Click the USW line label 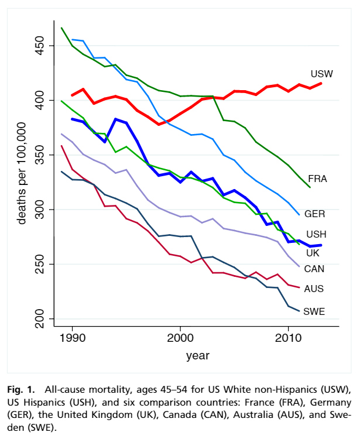point(321,74)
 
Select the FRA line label point(317,179)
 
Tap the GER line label point(315,214)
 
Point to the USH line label point(317,234)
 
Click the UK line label point(313,253)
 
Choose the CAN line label point(315,269)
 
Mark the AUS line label point(314,289)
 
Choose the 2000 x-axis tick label point(180,339)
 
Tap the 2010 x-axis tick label point(287,339)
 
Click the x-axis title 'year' point(198,355)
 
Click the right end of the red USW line point(321,84)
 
